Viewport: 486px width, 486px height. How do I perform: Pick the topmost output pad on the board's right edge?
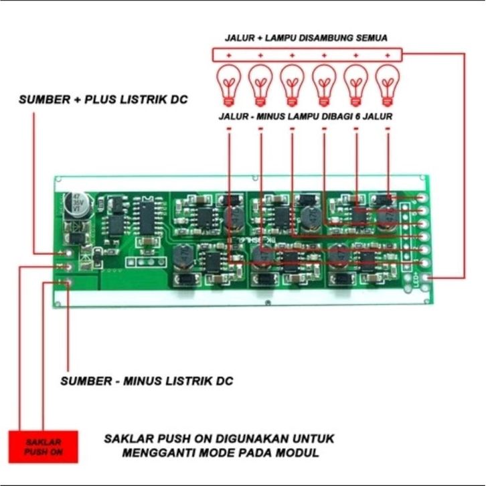pyautogui.click(x=423, y=199)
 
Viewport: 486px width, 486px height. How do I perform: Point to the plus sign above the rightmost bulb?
pyautogui.click(x=387, y=54)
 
